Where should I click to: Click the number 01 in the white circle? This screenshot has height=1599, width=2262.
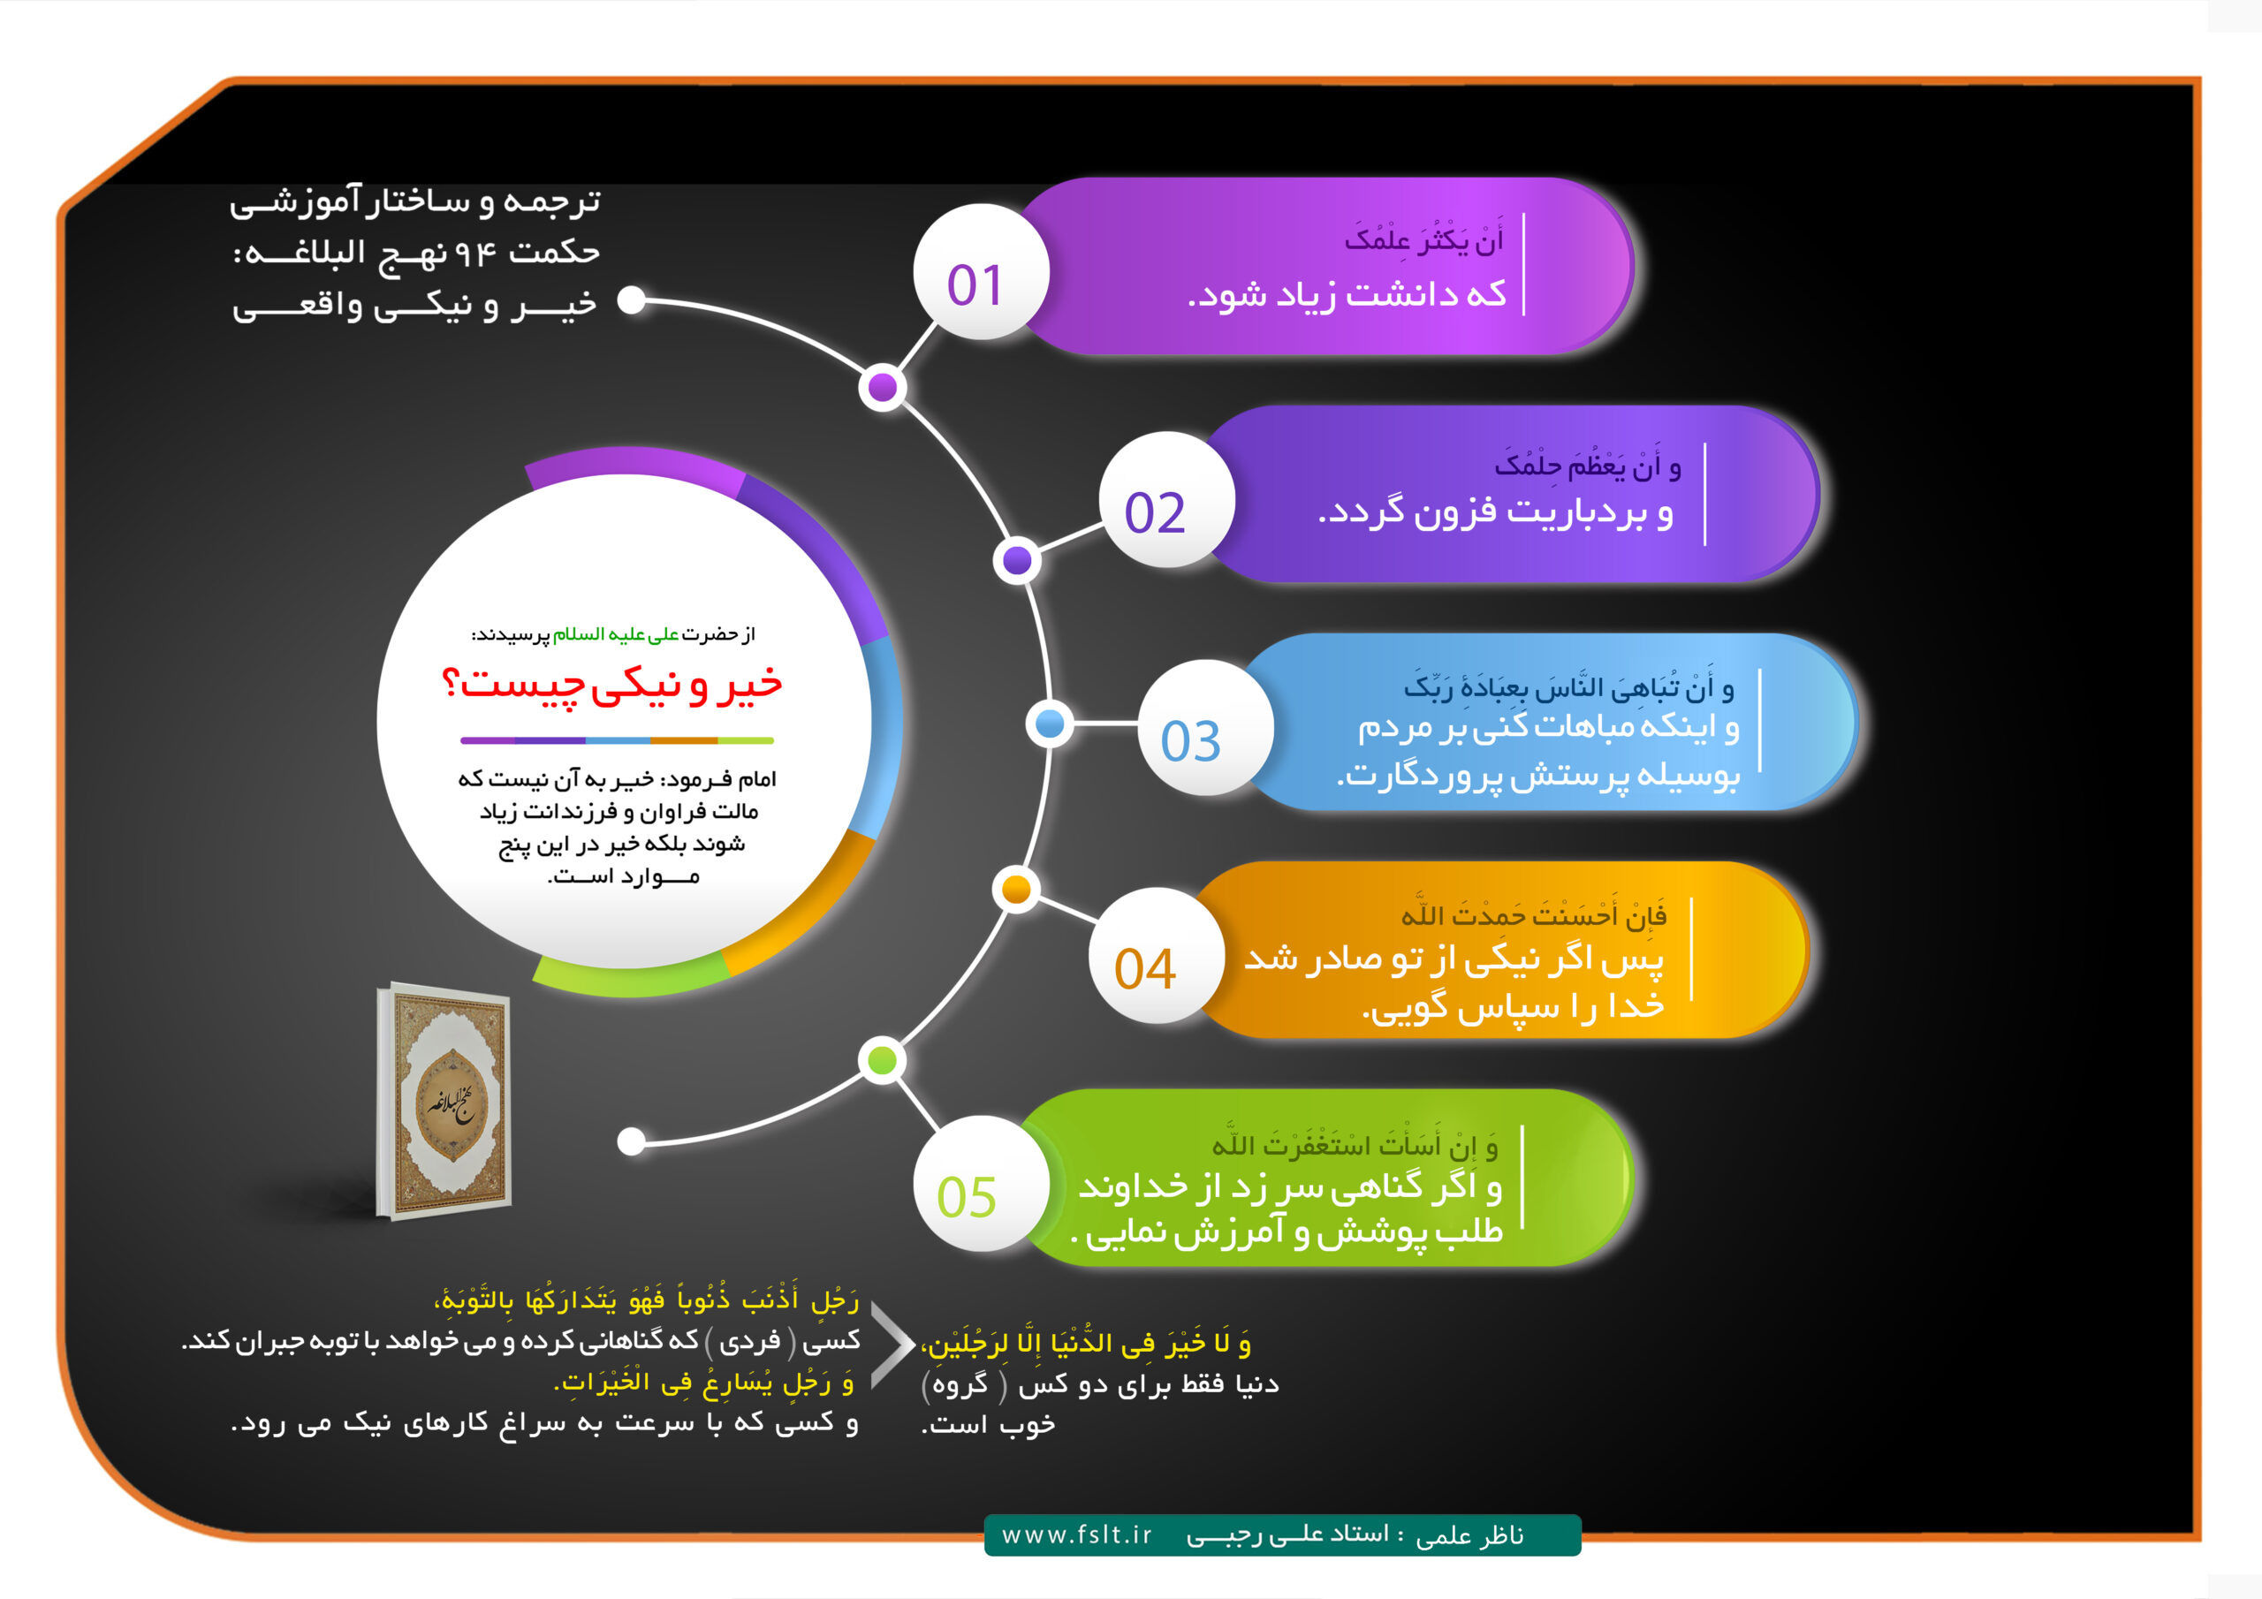975,284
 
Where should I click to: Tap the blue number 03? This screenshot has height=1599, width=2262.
1190,741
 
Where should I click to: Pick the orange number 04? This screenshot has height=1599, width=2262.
1145,968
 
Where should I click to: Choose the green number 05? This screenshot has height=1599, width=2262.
967,1197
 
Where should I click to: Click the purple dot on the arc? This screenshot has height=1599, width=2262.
883,387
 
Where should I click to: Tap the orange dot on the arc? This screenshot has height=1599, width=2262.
1017,890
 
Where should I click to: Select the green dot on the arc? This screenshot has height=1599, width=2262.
883,1060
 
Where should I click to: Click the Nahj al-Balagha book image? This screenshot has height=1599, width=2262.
444,1102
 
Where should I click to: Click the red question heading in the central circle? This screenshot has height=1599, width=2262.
611,685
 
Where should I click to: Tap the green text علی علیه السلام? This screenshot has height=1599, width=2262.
616,634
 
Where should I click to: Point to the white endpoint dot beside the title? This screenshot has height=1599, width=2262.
632,300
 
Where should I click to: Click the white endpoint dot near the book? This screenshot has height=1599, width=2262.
632,1141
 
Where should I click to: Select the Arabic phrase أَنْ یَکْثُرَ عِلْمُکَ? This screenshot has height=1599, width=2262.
1424,239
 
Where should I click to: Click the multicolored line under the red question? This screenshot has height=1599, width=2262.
617,740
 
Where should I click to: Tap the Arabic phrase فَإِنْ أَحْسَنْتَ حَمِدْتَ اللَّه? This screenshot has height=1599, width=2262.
1534,914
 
